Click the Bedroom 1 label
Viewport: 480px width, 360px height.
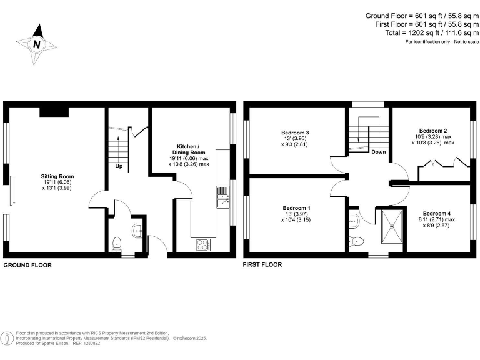(x=295, y=208)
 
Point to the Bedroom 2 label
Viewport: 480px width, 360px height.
(x=432, y=131)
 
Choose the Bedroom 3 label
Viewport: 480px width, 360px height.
(x=296, y=132)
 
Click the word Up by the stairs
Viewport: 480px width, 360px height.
(x=117, y=166)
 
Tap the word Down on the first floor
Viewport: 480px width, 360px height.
(x=378, y=152)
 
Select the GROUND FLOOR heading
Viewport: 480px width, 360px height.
(x=27, y=265)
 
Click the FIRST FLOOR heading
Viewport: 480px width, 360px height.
(x=262, y=265)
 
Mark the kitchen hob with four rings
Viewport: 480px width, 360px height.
(x=203, y=245)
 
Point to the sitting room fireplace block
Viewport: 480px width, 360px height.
(x=54, y=111)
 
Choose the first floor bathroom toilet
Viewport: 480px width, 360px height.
(x=356, y=241)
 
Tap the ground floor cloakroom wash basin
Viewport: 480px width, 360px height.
(x=137, y=231)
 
